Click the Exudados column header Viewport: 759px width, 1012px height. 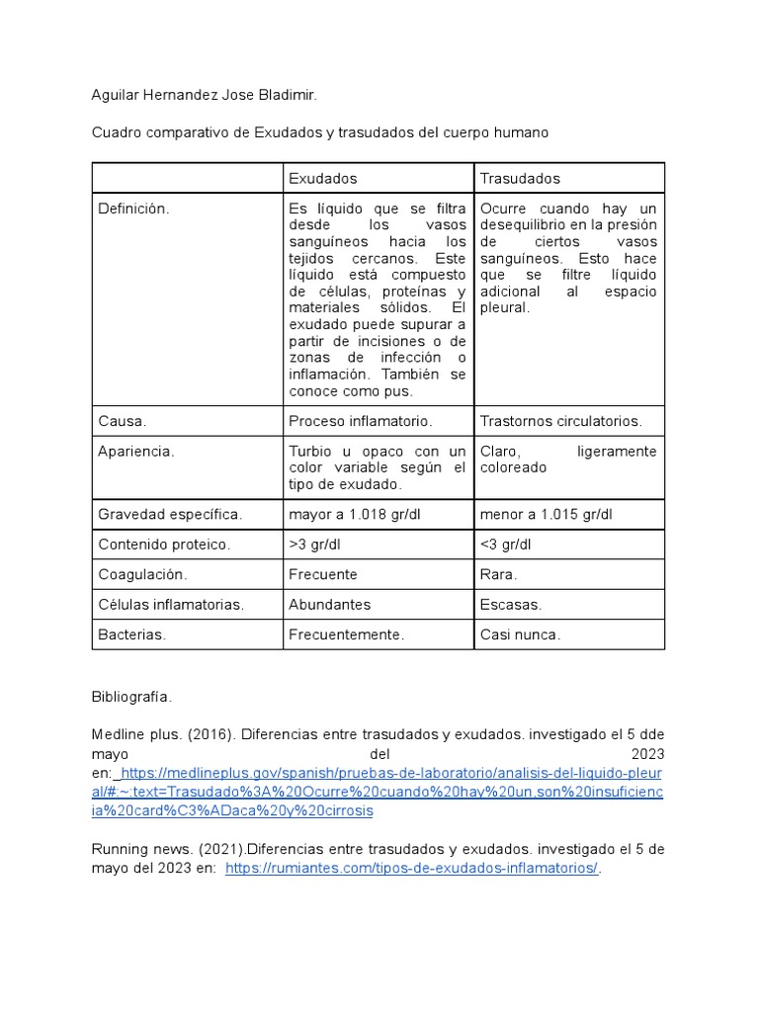pyautogui.click(x=322, y=179)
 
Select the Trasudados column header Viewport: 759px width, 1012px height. pyautogui.click(x=520, y=179)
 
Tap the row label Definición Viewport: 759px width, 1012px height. pyautogui.click(x=133, y=209)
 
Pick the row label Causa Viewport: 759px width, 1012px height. pyautogui.click(x=123, y=421)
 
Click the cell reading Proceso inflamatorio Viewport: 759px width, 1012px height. pyautogui.click(x=360, y=421)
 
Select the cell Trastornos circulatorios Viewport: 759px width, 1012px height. pyautogui.click(x=560, y=421)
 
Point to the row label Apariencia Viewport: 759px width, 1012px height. pyautogui.click(x=136, y=452)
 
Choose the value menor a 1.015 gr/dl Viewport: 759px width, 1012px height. pyautogui.click(x=546, y=514)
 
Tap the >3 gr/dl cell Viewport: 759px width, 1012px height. pyautogui.click(x=314, y=545)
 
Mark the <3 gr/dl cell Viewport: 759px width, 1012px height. pyautogui.click(x=505, y=545)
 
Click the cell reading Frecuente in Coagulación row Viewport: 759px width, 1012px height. pyautogui.click(x=323, y=574)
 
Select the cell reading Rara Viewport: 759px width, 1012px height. pyautogui.click(x=498, y=574)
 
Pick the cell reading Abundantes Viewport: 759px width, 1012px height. pyautogui.click(x=329, y=605)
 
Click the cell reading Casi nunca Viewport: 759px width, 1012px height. pyautogui.click(x=520, y=634)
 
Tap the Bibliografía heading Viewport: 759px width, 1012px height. pyautogui.click(x=131, y=697)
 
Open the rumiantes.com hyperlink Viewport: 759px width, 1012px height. pyautogui.click(x=412, y=868)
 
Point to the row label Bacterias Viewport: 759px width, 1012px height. pyautogui.click(x=131, y=634)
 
